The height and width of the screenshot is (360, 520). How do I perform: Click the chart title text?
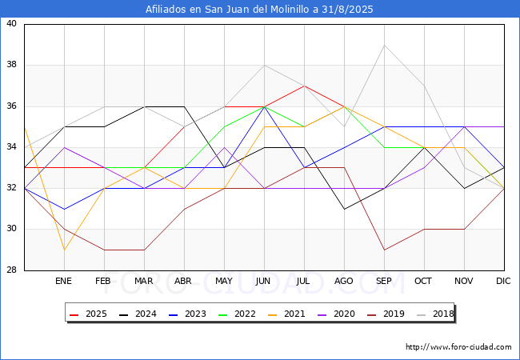259,9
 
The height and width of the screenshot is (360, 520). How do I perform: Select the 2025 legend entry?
88,314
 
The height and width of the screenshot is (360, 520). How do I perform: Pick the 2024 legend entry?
138,314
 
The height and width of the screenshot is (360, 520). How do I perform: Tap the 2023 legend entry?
187,314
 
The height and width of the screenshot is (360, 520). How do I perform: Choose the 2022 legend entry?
237,314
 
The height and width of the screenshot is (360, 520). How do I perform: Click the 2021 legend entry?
286,314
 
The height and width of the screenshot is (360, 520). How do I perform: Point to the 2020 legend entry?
336,314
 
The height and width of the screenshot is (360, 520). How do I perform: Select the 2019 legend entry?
386,314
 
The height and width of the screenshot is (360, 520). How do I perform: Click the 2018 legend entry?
435,314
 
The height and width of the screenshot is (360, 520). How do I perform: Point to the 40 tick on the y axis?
12,23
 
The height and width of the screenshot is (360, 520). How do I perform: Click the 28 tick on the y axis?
12,270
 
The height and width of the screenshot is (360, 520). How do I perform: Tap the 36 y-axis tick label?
12,106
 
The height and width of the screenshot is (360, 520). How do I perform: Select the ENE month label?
63,281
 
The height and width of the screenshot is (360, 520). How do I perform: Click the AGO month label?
343,281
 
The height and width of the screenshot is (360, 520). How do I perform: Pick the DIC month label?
503,281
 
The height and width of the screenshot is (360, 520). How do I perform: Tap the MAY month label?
224,281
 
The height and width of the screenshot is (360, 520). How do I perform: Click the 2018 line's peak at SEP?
384,45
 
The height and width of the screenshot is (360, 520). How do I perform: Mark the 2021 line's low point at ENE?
64,250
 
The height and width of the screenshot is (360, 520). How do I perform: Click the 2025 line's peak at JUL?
305,86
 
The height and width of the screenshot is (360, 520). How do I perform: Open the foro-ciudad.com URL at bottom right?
458,346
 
